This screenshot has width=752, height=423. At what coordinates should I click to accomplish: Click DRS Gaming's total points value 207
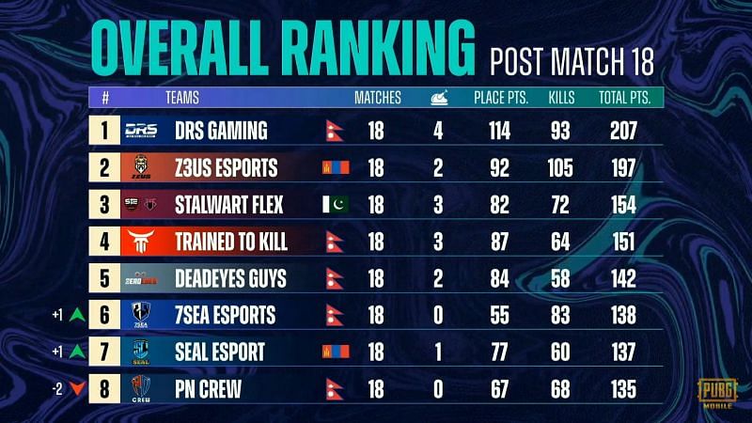(622, 131)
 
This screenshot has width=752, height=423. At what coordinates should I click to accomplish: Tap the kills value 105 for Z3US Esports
(560, 167)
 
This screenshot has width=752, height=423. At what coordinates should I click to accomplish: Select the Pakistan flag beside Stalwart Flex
(336, 204)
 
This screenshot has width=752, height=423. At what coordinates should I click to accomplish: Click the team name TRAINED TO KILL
(231, 241)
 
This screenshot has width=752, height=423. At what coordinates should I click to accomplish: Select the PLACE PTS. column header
(499, 97)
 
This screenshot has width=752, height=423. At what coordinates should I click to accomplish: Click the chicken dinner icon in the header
(438, 96)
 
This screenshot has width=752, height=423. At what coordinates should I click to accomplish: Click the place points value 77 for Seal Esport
(499, 351)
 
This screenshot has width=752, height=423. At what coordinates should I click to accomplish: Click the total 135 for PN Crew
(622, 387)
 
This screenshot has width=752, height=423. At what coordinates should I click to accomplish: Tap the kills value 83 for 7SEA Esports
(560, 314)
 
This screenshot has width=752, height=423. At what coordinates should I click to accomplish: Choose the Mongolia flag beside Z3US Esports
(336, 167)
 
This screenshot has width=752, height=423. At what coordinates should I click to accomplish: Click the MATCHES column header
(377, 97)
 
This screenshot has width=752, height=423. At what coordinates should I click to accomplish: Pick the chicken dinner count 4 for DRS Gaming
(438, 131)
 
